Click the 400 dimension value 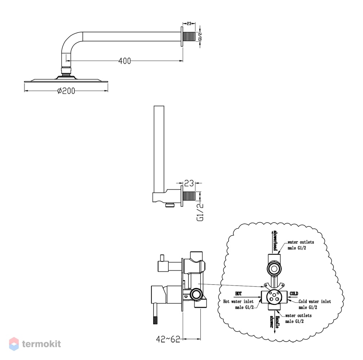pyautogui.click(x=125, y=61)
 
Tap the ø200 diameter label pyautogui.click(x=66, y=91)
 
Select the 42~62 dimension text pyautogui.click(x=168, y=339)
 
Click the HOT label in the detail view pyautogui.click(x=238, y=294)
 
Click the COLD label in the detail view pyautogui.click(x=294, y=294)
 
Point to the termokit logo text pyautogui.click(x=41, y=344)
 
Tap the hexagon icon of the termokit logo pyautogui.click(x=14, y=344)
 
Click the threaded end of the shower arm pyautogui.click(x=189, y=37)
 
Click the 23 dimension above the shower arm pyautogui.click(x=189, y=23)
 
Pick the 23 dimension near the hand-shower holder pyautogui.click(x=189, y=183)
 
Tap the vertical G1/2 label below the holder pyautogui.click(x=200, y=212)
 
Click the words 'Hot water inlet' pyautogui.click(x=238, y=302)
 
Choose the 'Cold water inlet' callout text pyautogui.click(x=315, y=302)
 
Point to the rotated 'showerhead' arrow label pyautogui.click(x=275, y=240)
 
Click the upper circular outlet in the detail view pyautogui.click(x=274, y=269)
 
